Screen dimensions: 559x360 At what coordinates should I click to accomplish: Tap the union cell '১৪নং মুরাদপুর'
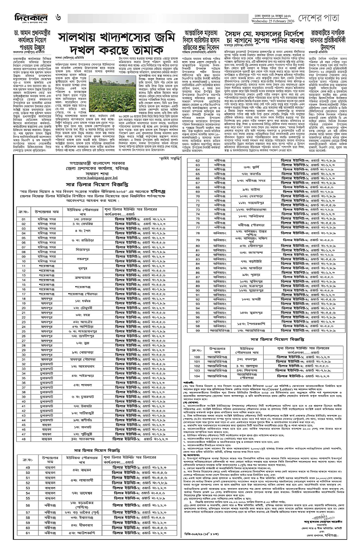[x=254, y=313]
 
